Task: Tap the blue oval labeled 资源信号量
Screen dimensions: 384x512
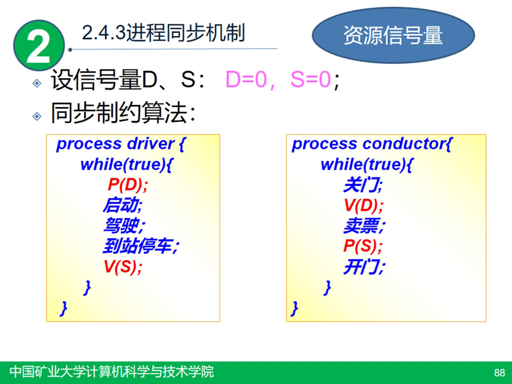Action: point(393,36)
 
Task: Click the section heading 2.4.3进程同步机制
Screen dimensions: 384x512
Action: point(163,33)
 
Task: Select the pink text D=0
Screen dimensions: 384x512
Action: point(245,81)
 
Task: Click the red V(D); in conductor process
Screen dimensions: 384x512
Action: point(363,205)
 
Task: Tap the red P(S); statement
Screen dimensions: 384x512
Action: point(363,246)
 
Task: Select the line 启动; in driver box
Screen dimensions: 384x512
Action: point(123,205)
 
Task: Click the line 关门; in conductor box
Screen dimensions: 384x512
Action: point(363,185)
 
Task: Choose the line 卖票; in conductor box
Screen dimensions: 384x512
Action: point(364,226)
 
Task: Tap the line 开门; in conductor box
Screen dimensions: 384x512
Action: point(364,266)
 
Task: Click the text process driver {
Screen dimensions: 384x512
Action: point(120,144)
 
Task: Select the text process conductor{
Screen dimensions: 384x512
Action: point(372,144)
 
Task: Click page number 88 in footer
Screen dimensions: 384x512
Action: point(499,372)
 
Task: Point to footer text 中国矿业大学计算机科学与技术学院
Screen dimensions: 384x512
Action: point(111,372)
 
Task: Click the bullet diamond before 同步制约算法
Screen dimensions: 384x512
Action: point(37,116)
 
